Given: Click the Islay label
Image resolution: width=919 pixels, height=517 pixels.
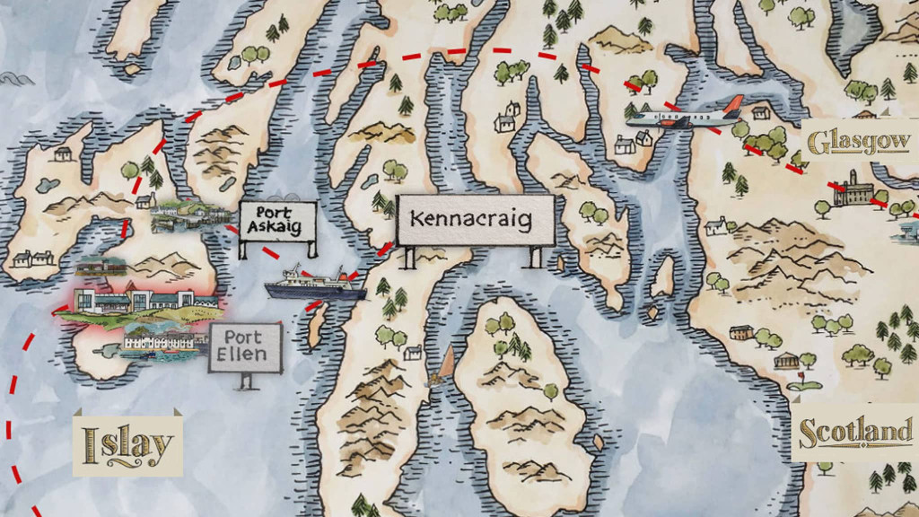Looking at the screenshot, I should pos(127,443).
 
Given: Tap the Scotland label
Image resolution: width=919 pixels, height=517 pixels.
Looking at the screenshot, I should pos(855,432).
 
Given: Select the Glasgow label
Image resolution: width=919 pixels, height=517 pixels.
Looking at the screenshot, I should pos(859,142).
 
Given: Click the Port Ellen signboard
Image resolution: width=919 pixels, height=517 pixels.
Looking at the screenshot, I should pos(244,346).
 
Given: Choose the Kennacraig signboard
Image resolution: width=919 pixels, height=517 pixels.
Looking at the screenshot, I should pos(476,219).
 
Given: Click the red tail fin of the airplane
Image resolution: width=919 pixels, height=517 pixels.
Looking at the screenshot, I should pos(733,106).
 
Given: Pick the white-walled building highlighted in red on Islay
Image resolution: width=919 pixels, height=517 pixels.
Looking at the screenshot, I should pos(135,299).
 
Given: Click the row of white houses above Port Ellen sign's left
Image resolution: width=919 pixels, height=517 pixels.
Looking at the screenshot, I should pos(162,339).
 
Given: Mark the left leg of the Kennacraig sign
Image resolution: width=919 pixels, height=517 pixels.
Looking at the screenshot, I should pos(409,258).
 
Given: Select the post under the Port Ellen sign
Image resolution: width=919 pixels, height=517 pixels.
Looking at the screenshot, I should pos(245,381).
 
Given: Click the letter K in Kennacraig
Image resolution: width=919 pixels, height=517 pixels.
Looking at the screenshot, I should pos(416,218).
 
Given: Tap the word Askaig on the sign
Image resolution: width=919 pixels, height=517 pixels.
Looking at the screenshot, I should pos(278,229).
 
